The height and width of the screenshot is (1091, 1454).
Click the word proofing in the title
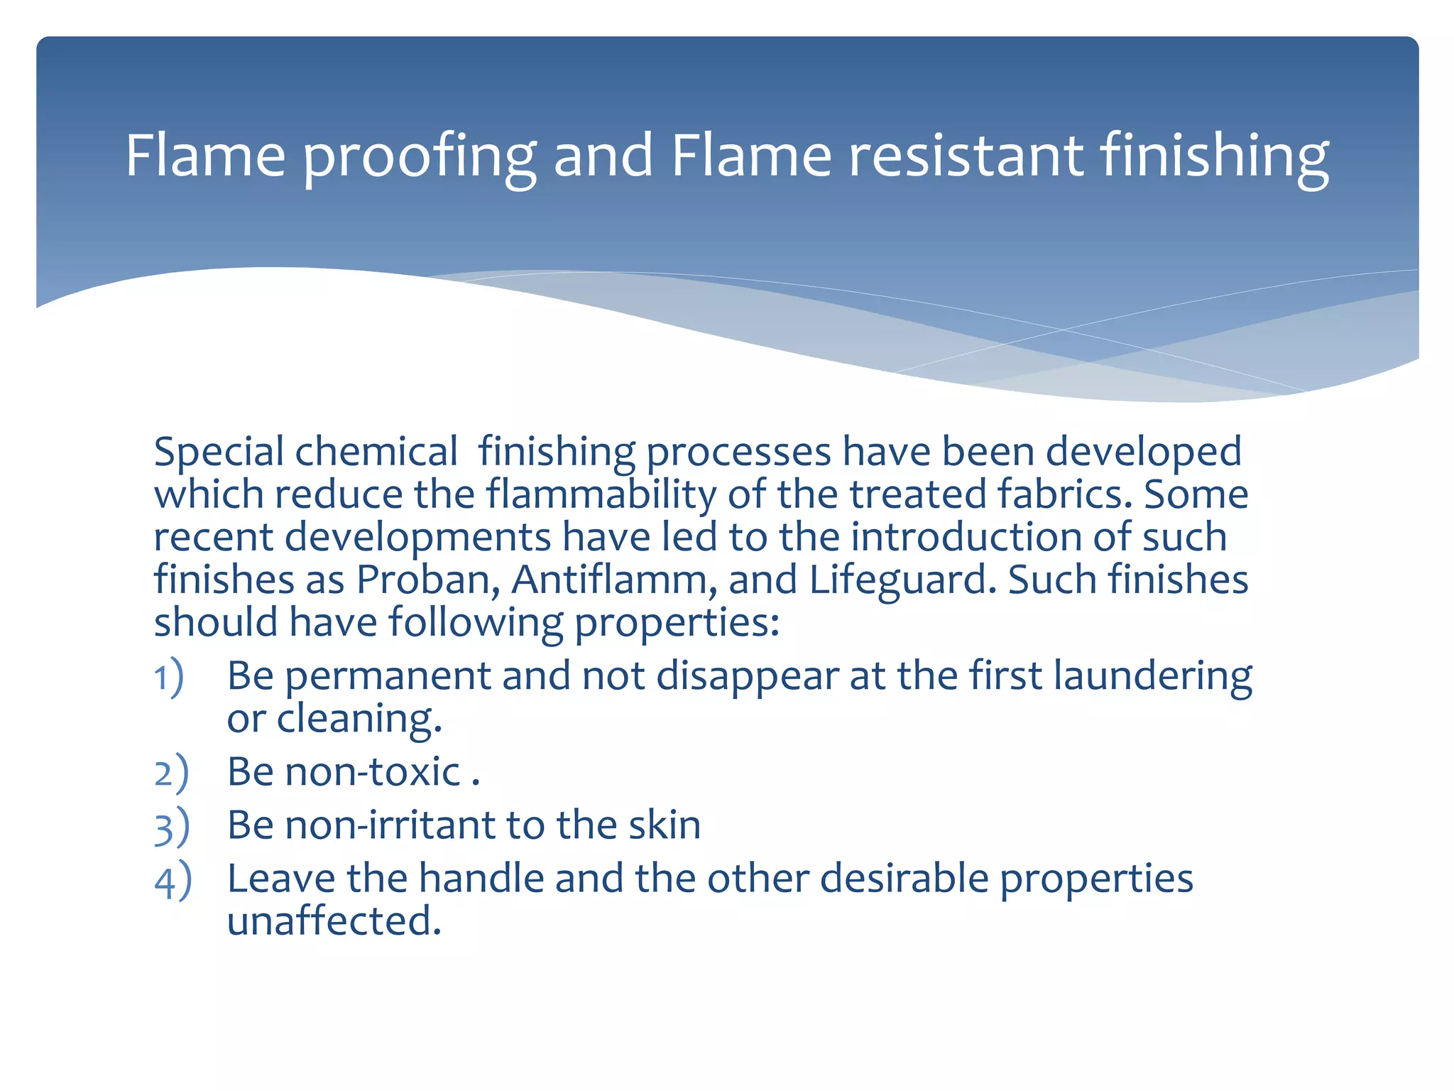(x=419, y=158)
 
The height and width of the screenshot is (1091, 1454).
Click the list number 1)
(x=170, y=678)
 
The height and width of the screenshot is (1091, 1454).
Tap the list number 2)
(x=171, y=774)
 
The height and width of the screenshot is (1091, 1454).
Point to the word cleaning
(x=359, y=720)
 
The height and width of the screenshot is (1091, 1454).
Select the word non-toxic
(x=373, y=772)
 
